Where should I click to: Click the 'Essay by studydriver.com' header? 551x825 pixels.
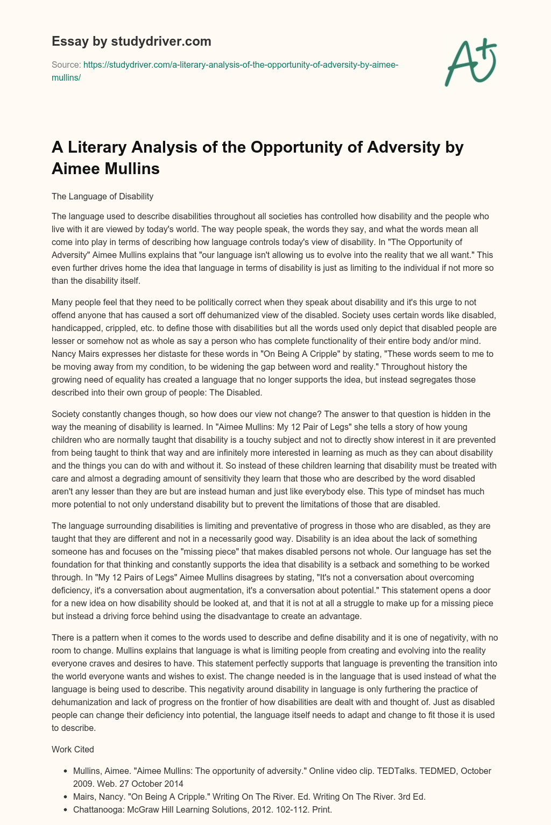[131, 41]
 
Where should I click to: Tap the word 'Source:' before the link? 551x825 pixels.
[66, 64]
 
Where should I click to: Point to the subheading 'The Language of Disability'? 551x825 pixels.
[102, 196]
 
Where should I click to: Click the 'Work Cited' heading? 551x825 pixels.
[73, 749]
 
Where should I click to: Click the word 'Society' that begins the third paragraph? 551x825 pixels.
[66, 414]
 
